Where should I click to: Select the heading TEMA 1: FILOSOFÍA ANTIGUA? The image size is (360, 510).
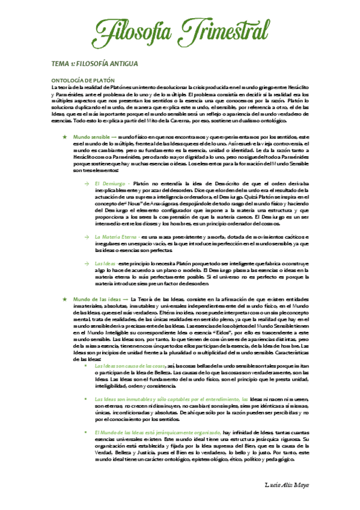(x=95, y=63)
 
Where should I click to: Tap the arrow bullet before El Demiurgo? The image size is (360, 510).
(x=87, y=182)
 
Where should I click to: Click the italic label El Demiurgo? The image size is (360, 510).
(x=109, y=182)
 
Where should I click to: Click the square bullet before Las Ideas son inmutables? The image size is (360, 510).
(x=88, y=399)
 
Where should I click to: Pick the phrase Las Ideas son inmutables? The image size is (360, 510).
(x=126, y=399)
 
